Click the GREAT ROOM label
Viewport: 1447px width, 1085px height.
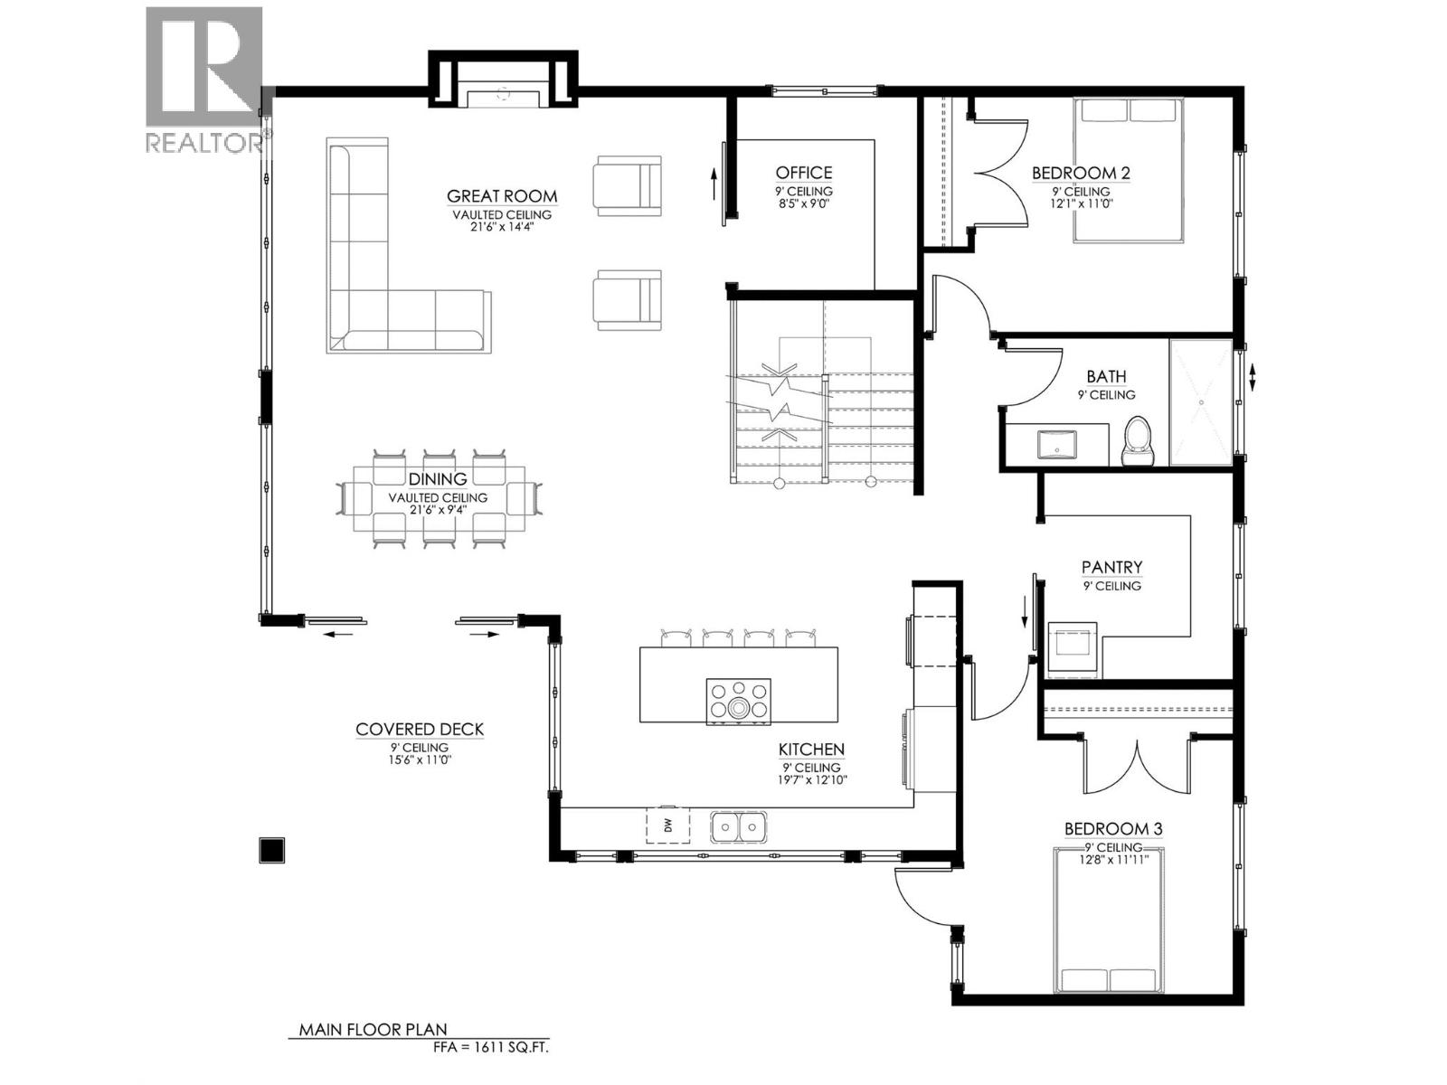(x=502, y=196)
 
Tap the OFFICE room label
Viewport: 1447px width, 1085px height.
(x=803, y=173)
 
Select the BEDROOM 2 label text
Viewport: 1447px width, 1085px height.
(x=1081, y=173)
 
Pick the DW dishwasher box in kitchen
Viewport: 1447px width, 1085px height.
(x=667, y=825)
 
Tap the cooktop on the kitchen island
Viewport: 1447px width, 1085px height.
(x=739, y=701)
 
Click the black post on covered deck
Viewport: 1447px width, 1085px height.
(x=271, y=850)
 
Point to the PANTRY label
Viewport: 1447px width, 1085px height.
(x=1111, y=567)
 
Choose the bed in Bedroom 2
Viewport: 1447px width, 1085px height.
(x=1129, y=170)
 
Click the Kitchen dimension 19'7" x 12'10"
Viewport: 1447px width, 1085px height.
(x=811, y=779)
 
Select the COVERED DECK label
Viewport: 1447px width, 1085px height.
(x=420, y=729)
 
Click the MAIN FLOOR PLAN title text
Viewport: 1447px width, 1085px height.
(x=374, y=1030)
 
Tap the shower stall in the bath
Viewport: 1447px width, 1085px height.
(x=1201, y=402)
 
